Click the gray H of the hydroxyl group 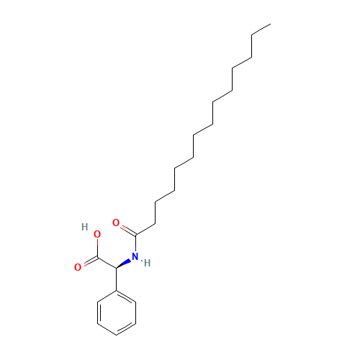coord(85,227)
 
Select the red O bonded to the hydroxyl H coord(96,234)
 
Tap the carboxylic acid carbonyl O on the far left coord(77,268)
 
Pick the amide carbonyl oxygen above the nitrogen coord(116,222)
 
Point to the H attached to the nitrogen coord(147,263)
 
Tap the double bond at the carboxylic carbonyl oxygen coord(87,263)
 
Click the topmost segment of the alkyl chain coord(260,30)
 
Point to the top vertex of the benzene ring coord(116,290)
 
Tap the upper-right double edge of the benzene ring coord(126,296)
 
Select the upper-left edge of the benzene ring coord(106,296)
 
